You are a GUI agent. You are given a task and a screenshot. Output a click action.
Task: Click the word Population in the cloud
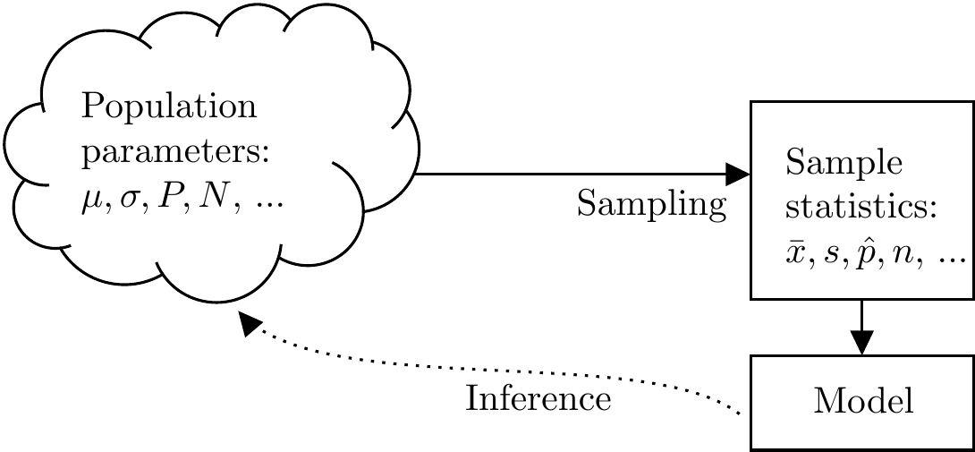click(169, 109)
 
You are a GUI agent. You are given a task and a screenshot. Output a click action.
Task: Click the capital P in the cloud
click(166, 196)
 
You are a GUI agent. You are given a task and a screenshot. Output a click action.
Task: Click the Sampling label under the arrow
click(651, 205)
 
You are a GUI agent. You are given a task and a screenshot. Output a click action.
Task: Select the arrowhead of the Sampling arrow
click(737, 173)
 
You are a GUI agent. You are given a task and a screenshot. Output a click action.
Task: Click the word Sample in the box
click(844, 165)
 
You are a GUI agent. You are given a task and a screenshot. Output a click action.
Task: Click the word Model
click(863, 402)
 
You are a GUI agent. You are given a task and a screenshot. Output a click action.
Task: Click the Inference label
click(538, 397)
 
